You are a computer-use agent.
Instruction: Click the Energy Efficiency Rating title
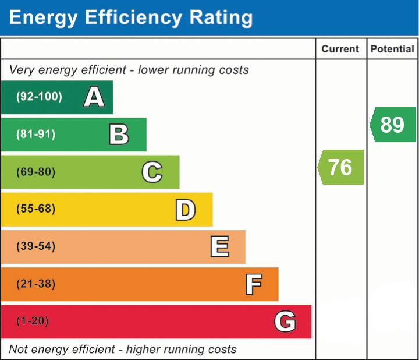131,17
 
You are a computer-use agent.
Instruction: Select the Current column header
340,50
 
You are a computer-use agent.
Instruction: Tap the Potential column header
392,50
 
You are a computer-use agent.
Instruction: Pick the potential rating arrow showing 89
393,125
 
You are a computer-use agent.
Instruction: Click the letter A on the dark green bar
94,97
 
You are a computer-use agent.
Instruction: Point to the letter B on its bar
119,135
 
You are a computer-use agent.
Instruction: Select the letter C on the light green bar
152,172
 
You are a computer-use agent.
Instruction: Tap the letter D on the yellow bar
185,210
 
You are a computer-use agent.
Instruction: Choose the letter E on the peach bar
219,247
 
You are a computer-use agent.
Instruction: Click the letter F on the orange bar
253,284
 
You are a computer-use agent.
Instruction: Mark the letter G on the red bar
285,322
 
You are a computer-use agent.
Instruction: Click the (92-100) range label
39,97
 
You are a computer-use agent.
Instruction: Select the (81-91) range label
36,135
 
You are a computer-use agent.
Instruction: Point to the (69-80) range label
36,172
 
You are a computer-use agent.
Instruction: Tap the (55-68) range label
36,209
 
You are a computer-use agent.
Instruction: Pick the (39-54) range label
36,246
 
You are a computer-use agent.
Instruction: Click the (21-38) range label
36,284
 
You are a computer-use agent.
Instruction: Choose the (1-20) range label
33,321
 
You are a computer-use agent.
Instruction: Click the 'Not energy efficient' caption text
123,350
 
